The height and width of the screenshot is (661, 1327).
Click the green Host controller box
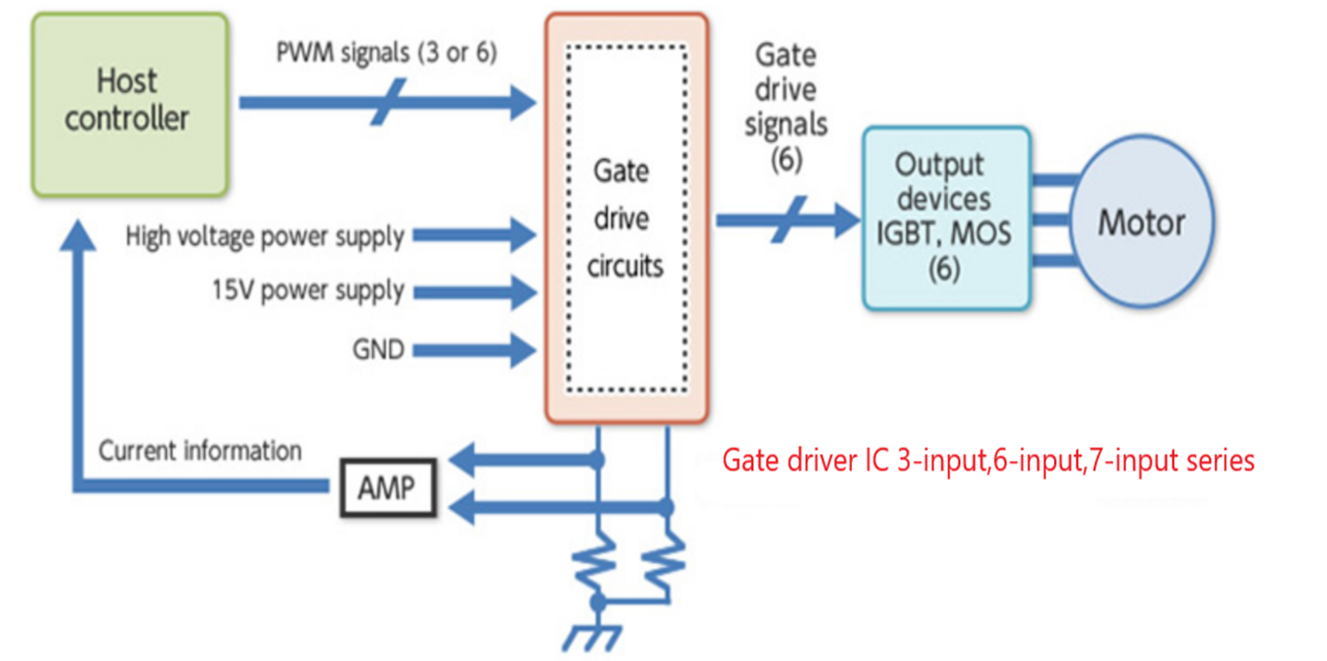(130, 104)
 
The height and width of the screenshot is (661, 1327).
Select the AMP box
(387, 488)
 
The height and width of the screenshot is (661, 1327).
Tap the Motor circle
(1141, 223)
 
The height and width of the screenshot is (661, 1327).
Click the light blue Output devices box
(946, 219)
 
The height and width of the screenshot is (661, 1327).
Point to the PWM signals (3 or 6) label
(386, 53)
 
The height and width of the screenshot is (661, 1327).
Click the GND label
(378, 350)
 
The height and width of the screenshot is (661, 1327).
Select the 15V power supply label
(308, 291)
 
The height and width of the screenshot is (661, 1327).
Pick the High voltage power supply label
(265, 237)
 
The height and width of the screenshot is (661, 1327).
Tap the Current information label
(200, 451)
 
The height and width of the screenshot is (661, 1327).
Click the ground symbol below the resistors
(592, 639)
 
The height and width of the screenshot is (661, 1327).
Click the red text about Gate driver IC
(988, 461)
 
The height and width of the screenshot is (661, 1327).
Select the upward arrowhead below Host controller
(78, 236)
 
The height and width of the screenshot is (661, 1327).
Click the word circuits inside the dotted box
(625, 267)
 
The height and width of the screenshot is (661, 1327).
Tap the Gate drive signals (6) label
(785, 107)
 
